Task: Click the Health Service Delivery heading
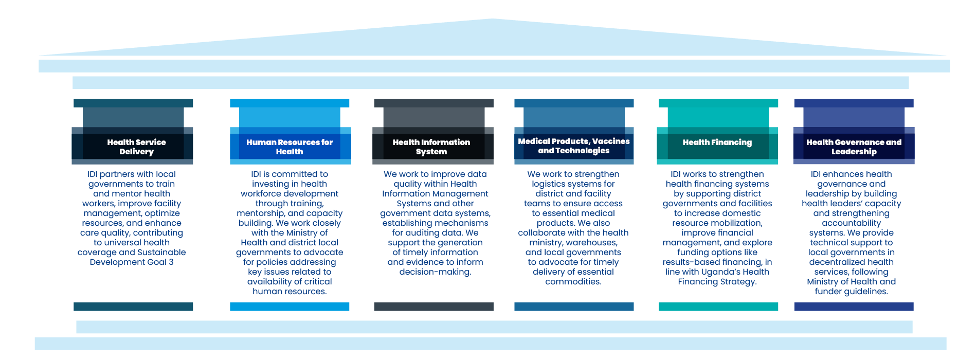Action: point(136,147)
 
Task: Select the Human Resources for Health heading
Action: point(290,147)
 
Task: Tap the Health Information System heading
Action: point(431,147)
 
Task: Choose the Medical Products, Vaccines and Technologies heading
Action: point(573,146)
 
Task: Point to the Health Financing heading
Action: point(717,142)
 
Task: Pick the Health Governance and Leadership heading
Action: point(854,147)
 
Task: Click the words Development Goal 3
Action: point(132,262)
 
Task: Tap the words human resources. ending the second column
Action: point(290,292)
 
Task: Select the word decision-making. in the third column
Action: point(435,272)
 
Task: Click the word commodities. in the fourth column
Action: point(573,282)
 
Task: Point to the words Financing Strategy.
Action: point(717,282)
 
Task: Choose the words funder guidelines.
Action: point(851,292)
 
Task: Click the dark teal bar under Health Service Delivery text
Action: point(133,307)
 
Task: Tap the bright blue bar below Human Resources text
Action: point(290,307)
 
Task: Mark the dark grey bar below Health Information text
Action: point(434,307)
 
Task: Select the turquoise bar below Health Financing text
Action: point(718,307)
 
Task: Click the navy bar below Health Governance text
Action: point(854,307)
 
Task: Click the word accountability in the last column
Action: point(851,223)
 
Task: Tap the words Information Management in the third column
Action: point(435,194)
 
